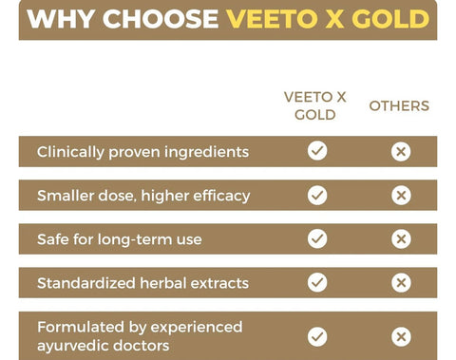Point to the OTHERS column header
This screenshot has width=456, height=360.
click(399, 105)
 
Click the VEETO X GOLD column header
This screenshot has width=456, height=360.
click(310, 105)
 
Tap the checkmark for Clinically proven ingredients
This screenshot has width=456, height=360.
click(317, 151)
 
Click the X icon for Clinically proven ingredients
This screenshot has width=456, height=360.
click(401, 151)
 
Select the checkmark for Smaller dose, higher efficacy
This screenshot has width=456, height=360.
click(317, 195)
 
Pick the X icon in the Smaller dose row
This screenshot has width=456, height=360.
click(401, 195)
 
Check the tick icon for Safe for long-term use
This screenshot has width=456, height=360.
click(317, 238)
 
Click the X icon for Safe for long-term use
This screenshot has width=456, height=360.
click(401, 238)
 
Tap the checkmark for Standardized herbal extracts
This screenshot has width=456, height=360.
click(317, 282)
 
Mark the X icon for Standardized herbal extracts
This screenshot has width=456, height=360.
click(401, 282)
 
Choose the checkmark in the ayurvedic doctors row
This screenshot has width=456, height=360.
click(317, 336)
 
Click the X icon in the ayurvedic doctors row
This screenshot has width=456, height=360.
click(401, 336)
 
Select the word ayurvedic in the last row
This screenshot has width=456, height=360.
click(75, 347)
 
